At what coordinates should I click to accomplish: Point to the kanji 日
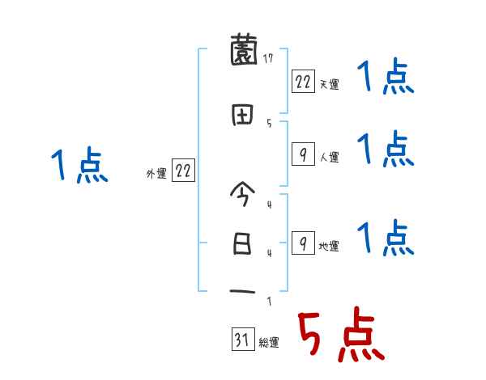point(243,243)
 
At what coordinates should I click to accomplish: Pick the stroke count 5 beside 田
point(268,123)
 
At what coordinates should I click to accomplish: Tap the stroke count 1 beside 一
point(268,302)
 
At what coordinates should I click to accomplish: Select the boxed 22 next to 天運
point(303,82)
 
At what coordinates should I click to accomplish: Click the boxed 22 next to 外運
point(183,171)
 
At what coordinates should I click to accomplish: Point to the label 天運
point(329,84)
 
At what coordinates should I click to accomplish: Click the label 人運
point(329,157)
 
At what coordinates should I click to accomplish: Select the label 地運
point(329,246)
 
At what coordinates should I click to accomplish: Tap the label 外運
point(156,173)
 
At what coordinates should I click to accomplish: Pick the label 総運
point(269,343)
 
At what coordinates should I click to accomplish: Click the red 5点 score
point(340,336)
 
